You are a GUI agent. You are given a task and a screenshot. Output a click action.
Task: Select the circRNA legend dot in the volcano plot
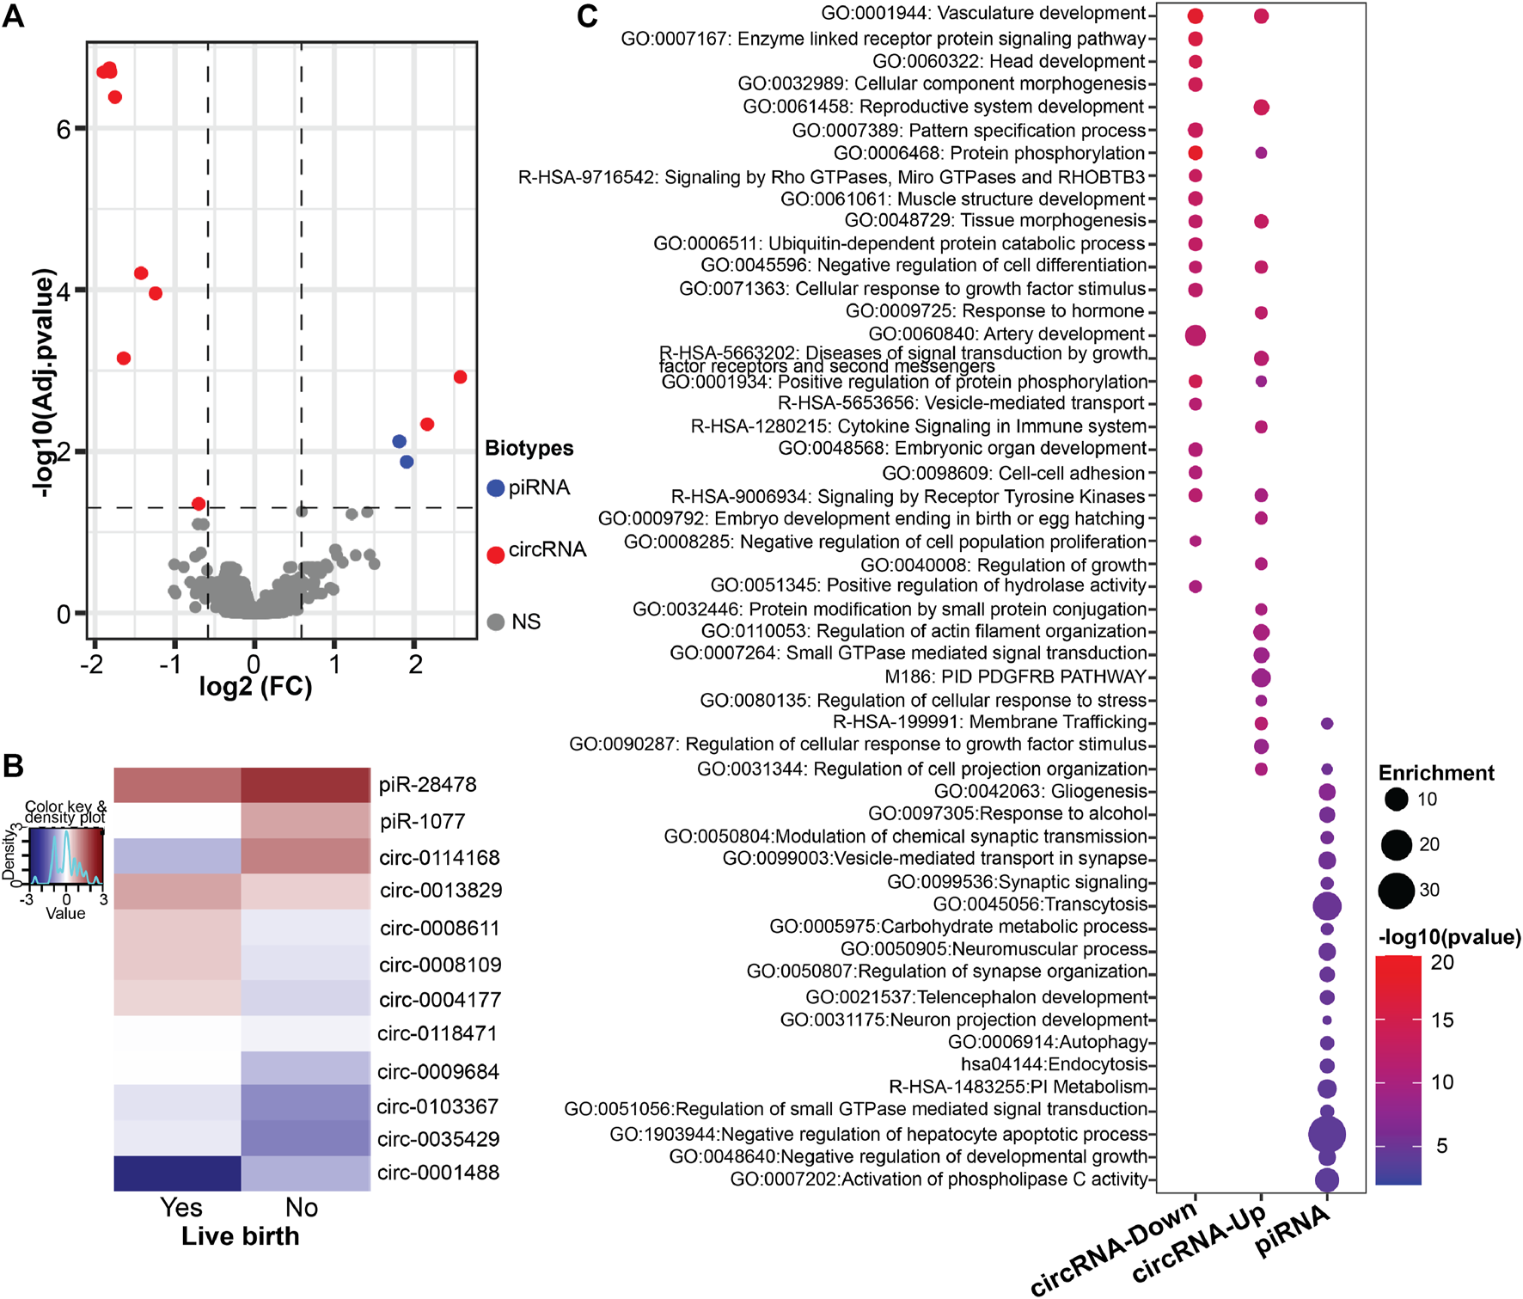pyautogui.click(x=495, y=555)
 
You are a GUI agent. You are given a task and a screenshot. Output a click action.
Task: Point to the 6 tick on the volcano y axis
pyautogui.click(x=63, y=129)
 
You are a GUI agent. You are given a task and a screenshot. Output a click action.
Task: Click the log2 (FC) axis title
pyautogui.click(x=255, y=687)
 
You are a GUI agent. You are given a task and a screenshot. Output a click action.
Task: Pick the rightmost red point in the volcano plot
pyautogui.click(x=460, y=377)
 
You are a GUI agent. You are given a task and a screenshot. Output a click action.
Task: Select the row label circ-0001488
pyautogui.click(x=438, y=1173)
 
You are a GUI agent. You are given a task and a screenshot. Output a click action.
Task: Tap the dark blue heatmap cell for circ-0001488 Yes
pyautogui.click(x=177, y=1173)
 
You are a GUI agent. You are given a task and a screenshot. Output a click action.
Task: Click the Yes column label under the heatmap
pyautogui.click(x=181, y=1207)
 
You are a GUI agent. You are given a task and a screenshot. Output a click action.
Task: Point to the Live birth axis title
pyautogui.click(x=241, y=1236)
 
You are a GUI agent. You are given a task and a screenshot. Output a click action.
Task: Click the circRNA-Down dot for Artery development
pyautogui.click(x=1195, y=335)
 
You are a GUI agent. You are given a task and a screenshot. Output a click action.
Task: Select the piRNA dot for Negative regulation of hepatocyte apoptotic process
pyautogui.click(x=1326, y=1135)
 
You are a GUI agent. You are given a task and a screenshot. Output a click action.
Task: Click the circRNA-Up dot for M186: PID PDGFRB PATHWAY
pyautogui.click(x=1261, y=677)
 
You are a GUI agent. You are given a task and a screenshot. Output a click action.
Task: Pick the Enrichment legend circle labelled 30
pyautogui.click(x=1397, y=890)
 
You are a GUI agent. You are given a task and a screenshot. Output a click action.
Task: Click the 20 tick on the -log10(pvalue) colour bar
pyautogui.click(x=1442, y=963)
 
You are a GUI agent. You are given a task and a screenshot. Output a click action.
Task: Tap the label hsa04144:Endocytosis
pyautogui.click(x=1054, y=1065)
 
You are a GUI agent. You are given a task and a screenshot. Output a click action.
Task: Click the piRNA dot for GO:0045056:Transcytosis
pyautogui.click(x=1326, y=905)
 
